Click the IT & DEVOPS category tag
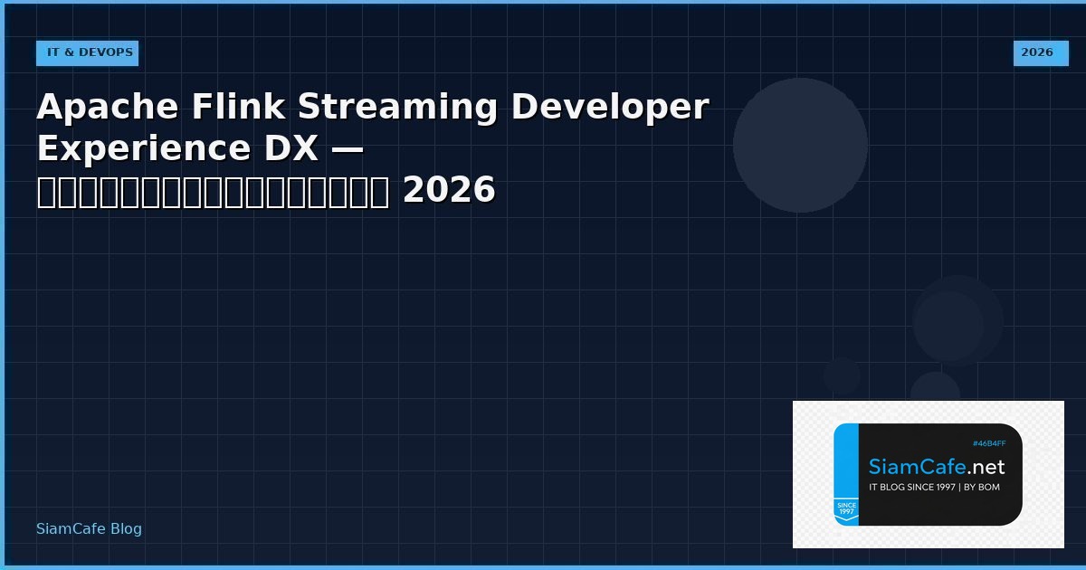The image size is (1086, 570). (x=88, y=52)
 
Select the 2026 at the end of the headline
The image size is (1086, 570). (x=449, y=190)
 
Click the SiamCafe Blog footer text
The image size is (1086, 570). (x=89, y=528)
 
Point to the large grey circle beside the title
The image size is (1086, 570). (x=800, y=145)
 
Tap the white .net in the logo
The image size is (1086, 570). (x=986, y=467)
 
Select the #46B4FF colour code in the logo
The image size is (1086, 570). (x=988, y=443)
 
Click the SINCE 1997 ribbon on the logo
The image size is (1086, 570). (x=846, y=509)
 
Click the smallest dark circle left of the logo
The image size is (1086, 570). (x=842, y=375)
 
